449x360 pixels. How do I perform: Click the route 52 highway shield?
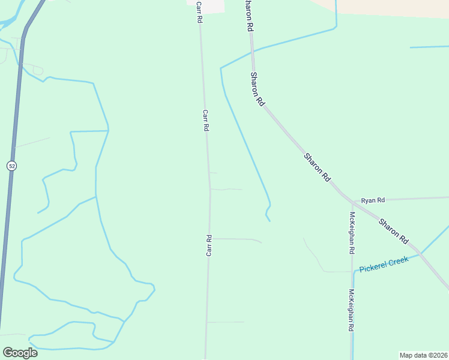click(x=11, y=166)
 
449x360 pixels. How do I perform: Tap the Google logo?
click(x=20, y=353)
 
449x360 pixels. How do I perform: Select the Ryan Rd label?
click(x=373, y=199)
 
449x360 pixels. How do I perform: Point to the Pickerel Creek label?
click(x=384, y=264)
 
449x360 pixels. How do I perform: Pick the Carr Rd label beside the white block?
click(x=199, y=12)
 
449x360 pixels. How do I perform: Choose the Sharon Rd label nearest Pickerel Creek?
click(x=394, y=230)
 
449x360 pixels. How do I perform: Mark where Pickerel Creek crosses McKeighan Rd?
click(x=353, y=271)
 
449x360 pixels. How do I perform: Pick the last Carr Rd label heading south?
click(x=209, y=245)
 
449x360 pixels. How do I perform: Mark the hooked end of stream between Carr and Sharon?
click(x=268, y=215)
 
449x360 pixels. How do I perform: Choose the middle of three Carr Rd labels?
click(x=205, y=120)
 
